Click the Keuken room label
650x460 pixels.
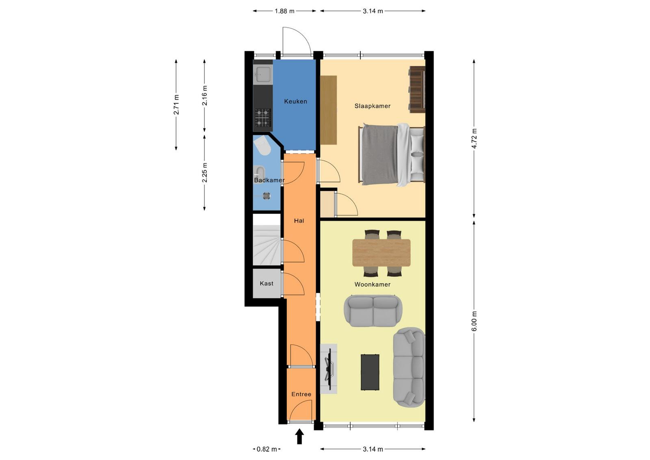coord(295,101)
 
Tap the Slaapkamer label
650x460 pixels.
coord(373,106)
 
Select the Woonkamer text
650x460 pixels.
coord(373,284)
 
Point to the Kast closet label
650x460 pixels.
coord(266,283)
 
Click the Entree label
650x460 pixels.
coord(301,394)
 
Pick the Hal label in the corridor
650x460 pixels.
coord(299,221)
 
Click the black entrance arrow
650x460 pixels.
coord(299,436)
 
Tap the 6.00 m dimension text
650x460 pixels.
coord(474,321)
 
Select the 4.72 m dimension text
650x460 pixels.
coord(474,138)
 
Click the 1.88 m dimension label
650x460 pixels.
coord(284,11)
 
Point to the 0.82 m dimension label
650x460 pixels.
coord(266,449)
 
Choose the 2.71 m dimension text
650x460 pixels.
coord(176,104)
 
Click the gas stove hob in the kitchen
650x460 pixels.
coord(263,117)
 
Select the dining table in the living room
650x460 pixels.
coord(381,252)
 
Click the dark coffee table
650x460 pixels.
coord(370,372)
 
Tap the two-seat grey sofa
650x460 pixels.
coord(373,311)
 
